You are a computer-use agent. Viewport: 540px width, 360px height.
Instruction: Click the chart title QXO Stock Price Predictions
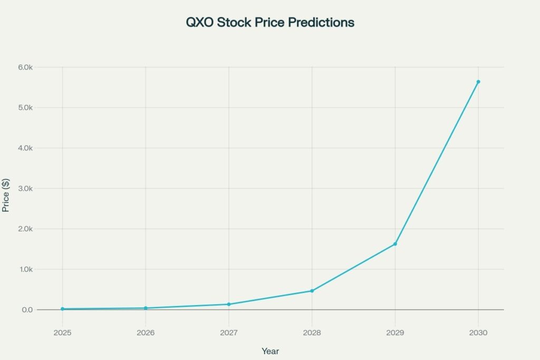click(x=269, y=23)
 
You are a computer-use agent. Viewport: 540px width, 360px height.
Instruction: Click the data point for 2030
click(x=478, y=82)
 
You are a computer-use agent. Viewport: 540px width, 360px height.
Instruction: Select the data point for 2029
click(x=395, y=244)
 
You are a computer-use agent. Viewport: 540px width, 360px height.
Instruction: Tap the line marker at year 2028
click(x=312, y=291)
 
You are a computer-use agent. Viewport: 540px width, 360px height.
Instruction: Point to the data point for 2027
click(x=229, y=304)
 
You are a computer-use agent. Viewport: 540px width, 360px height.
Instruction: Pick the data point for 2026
click(x=146, y=308)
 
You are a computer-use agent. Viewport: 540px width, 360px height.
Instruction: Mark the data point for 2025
click(x=63, y=309)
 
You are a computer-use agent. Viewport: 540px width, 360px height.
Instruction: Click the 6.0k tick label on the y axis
click(x=25, y=67)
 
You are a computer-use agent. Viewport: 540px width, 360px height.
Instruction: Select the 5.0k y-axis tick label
click(x=25, y=108)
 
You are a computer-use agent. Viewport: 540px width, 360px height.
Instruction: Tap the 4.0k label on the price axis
click(x=25, y=148)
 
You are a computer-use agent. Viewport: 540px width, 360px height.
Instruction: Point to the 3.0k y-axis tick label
click(x=25, y=189)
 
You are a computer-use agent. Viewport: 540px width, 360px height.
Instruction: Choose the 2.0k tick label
click(x=25, y=229)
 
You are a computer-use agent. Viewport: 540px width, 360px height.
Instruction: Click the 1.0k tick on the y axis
click(x=25, y=269)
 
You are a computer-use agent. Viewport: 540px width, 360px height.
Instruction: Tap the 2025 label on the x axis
click(x=63, y=333)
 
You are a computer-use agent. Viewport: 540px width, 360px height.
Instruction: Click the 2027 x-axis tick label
click(x=229, y=333)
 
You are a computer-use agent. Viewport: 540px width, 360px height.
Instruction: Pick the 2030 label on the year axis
click(x=478, y=333)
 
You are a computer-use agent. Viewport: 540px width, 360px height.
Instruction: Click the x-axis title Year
click(x=270, y=351)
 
